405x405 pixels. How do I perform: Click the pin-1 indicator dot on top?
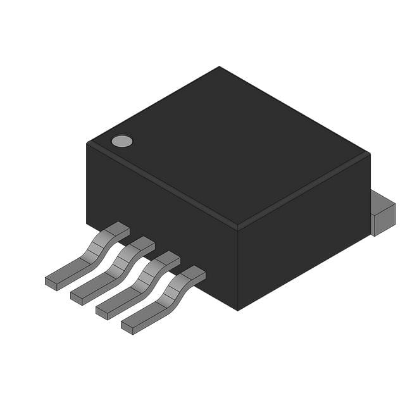122,141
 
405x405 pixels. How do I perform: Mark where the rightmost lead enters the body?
193,273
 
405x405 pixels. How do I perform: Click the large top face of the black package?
228,146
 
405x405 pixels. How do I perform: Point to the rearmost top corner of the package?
220,66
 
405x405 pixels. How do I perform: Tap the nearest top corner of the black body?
237,226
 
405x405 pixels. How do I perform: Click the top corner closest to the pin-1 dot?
87,144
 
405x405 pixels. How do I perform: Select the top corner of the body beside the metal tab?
370,154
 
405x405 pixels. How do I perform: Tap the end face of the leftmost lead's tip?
51,283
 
